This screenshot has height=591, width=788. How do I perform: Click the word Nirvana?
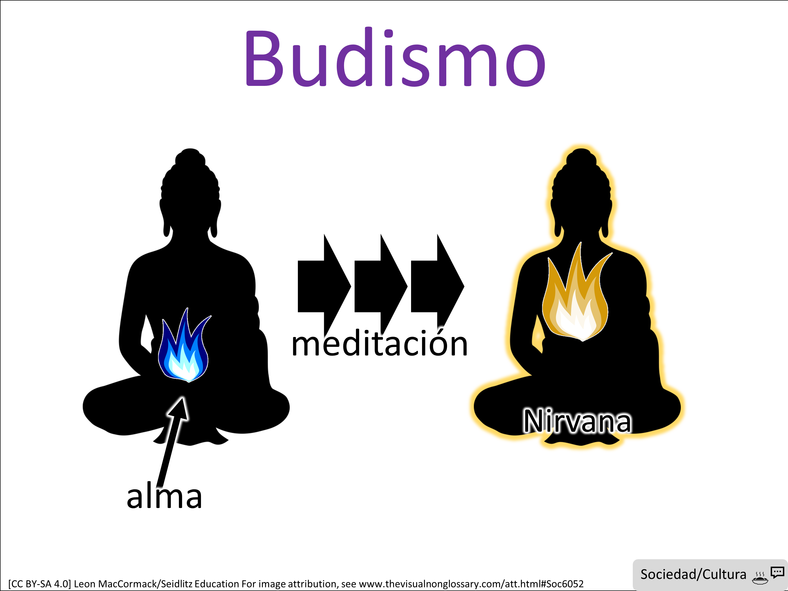(577, 421)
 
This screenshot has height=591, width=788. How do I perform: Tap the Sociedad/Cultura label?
(693, 574)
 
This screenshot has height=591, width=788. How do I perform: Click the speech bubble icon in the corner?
(777, 572)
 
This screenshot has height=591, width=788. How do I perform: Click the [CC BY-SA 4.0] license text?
(40, 584)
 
